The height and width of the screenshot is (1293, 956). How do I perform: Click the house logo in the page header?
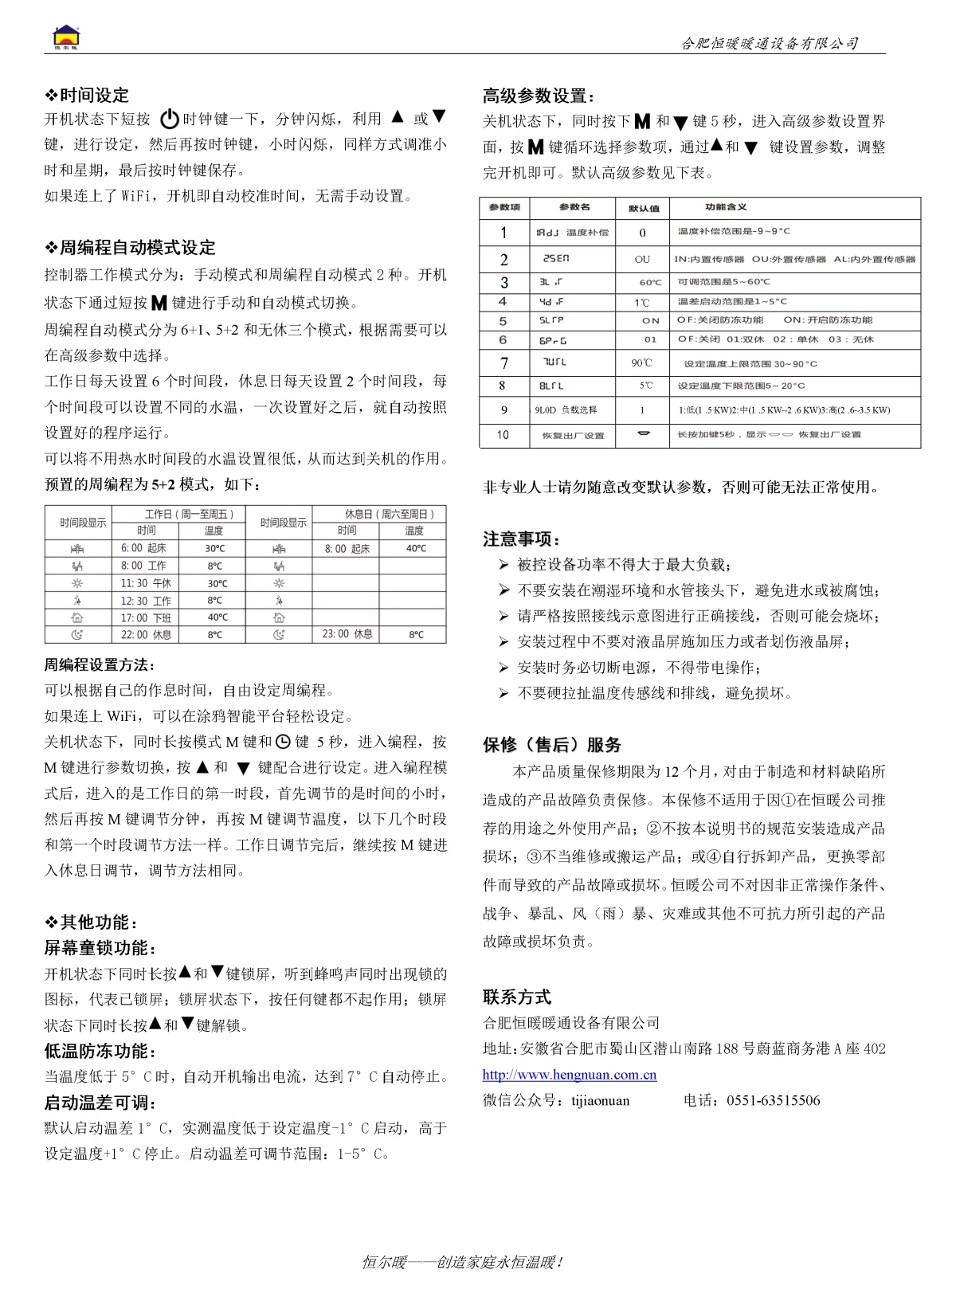click(x=67, y=37)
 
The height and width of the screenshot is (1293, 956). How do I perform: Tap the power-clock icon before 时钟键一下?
click(x=169, y=120)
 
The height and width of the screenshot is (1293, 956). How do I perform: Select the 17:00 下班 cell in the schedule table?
click(x=146, y=617)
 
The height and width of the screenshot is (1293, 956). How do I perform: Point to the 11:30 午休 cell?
click(x=146, y=583)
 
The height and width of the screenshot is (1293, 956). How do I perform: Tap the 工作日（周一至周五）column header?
click(x=178, y=514)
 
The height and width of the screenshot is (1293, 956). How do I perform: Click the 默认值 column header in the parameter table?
click(x=644, y=208)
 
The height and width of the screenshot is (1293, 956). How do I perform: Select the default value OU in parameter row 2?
click(x=642, y=260)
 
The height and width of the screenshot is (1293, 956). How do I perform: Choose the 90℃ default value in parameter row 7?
click(x=642, y=363)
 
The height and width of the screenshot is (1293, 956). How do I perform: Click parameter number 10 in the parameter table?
click(x=503, y=435)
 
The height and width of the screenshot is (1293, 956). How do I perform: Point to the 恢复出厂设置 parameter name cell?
click(x=573, y=436)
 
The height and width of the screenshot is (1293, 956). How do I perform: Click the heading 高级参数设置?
click(x=539, y=96)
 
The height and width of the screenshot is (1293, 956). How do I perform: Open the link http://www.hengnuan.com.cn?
click(x=570, y=1075)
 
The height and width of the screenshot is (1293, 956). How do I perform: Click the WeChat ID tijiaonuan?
click(x=600, y=1101)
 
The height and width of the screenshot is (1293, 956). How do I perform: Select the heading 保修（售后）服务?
click(x=551, y=745)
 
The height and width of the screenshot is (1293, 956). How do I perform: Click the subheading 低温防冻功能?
click(x=100, y=1051)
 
